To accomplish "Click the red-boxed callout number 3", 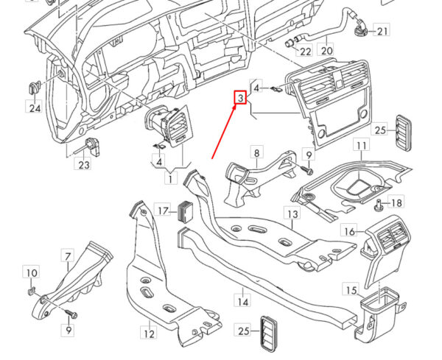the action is [x=241, y=97].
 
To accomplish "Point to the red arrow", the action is [x=225, y=131].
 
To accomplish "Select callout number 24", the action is [x=35, y=108].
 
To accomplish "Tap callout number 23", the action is [x=84, y=164].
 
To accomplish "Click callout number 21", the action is [x=382, y=30].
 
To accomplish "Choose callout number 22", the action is [x=305, y=52].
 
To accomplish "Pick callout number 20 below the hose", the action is [x=326, y=51].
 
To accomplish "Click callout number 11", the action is [x=362, y=145].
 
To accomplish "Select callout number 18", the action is [x=396, y=202].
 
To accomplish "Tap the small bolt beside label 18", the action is [x=379, y=205].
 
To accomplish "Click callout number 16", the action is [x=349, y=231].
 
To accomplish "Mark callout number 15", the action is [x=351, y=290].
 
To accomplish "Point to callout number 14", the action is [x=242, y=301].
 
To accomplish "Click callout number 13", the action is [x=292, y=213].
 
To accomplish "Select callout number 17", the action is [x=163, y=210].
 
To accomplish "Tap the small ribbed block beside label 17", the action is [x=185, y=211].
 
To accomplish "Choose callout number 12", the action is [x=149, y=333].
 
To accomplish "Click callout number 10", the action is [x=31, y=272].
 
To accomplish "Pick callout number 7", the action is [x=68, y=256].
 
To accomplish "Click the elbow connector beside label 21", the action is [x=359, y=27].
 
